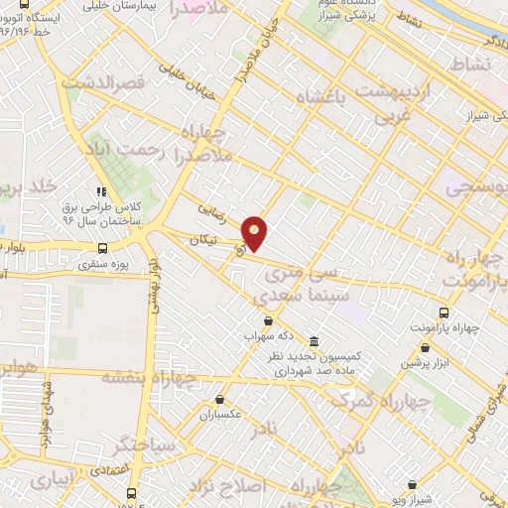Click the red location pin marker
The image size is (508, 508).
coord(255,231)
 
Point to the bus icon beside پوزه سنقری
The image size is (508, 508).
coord(102,249)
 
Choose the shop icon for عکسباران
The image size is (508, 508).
coord(219,401)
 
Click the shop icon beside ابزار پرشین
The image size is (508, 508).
coord(426,348)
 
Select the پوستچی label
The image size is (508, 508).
coord(475,187)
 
